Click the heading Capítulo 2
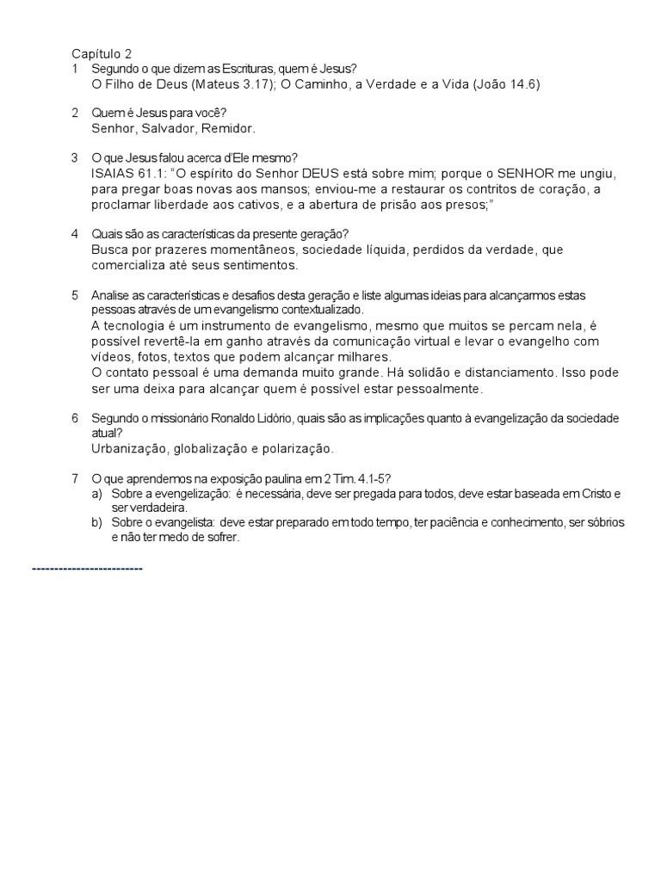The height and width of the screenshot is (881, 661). click(102, 53)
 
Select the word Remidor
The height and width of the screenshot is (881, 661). click(228, 128)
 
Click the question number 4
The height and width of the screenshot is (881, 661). click(75, 234)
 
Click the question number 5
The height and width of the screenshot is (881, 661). click(75, 296)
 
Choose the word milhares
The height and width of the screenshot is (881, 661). click(364, 356)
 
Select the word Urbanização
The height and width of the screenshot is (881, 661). click(130, 448)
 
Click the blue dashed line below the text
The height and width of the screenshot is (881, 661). click(87, 569)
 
